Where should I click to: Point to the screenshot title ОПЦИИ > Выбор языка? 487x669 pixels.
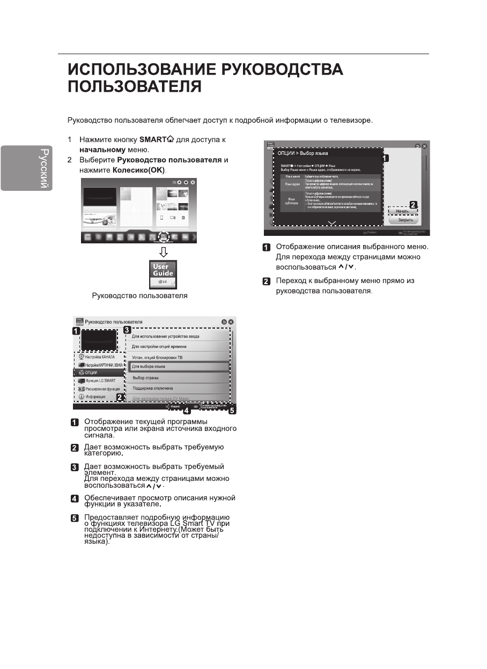point(302,153)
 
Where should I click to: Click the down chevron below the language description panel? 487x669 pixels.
point(331,222)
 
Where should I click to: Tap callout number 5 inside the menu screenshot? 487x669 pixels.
point(232,412)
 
